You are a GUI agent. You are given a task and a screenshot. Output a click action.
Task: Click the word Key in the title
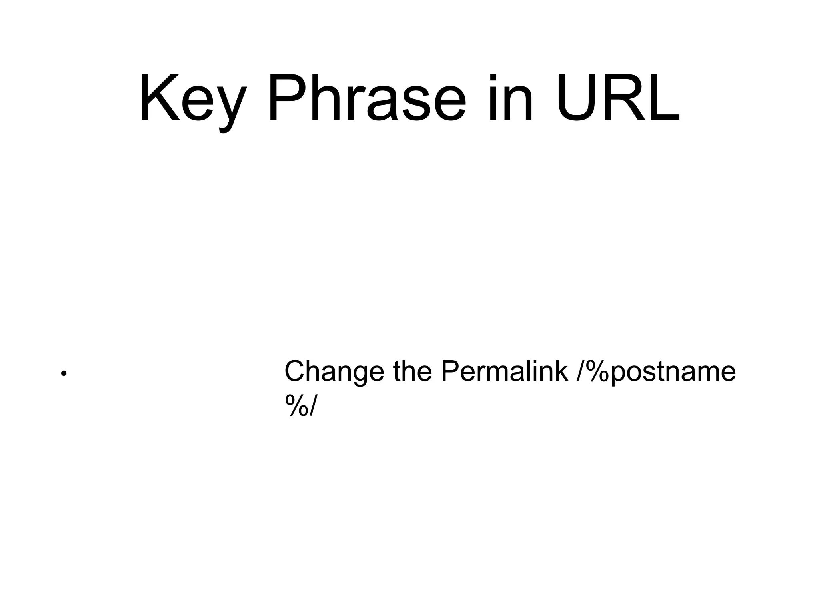tap(192, 99)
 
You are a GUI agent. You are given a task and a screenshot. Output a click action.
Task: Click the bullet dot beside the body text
tap(63, 374)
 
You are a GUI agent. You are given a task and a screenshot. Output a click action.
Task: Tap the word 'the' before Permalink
tap(412, 371)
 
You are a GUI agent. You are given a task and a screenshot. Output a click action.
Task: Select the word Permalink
tap(504, 371)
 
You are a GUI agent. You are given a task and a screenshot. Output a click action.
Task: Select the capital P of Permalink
tap(449, 371)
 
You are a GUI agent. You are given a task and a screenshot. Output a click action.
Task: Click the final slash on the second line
tap(312, 405)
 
